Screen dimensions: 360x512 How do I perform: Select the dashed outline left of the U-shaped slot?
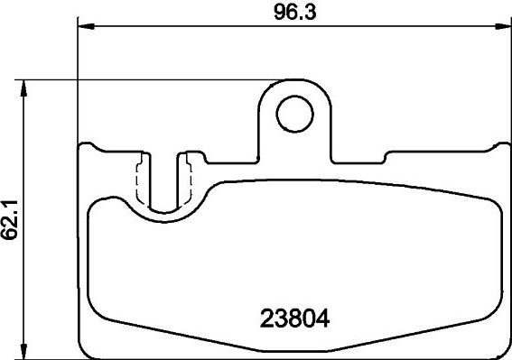coord(140,179)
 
